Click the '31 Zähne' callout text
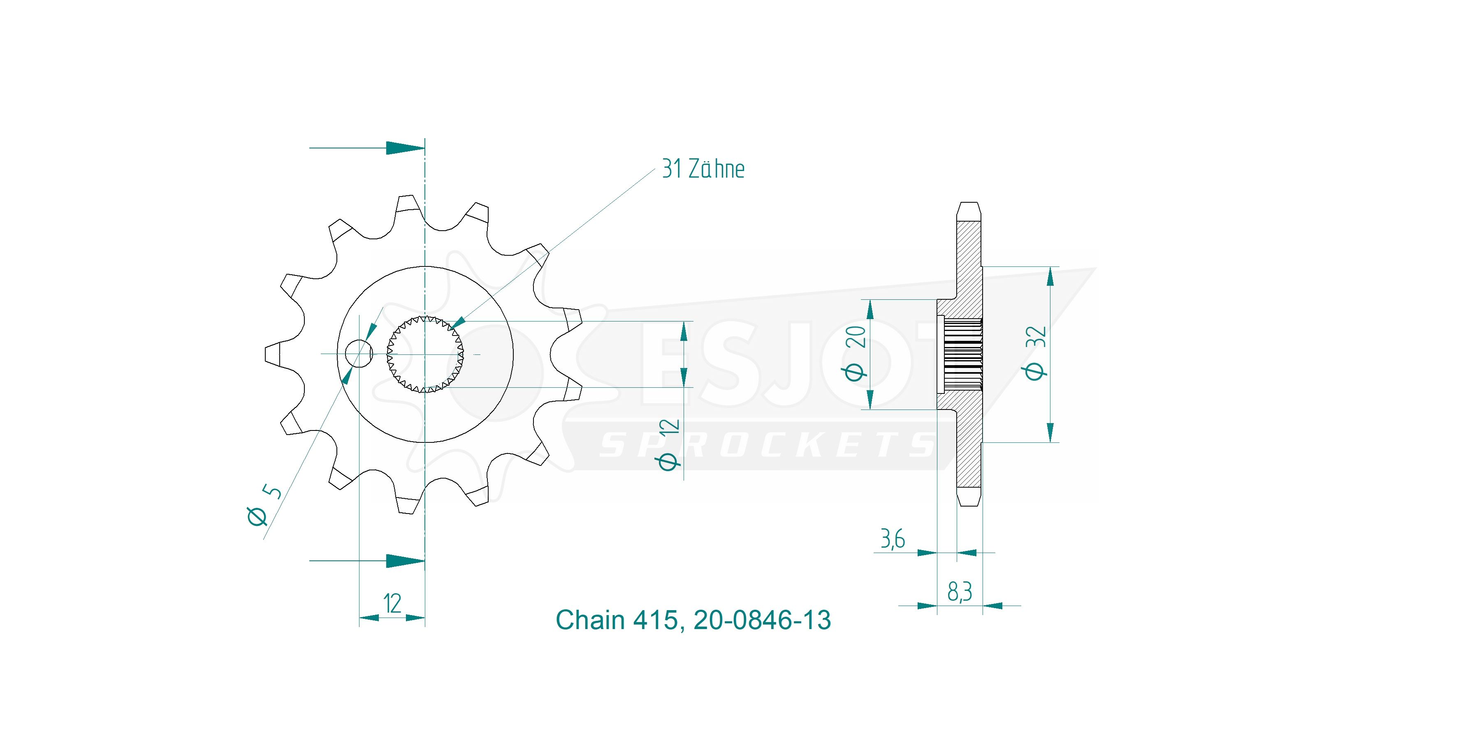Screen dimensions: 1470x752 coord(703,169)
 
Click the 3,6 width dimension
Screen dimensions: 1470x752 coord(893,539)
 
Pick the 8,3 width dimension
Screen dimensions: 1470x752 coord(960,592)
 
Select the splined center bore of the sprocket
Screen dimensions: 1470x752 coord(425,354)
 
